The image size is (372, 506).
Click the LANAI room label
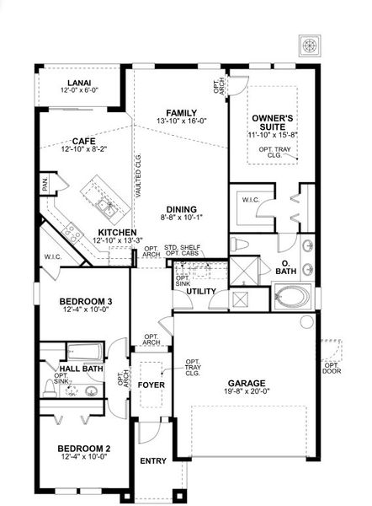tap(79, 82)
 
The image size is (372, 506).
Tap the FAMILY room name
tap(181, 113)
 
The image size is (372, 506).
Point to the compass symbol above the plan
tap(309, 45)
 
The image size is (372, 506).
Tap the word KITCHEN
tap(118, 231)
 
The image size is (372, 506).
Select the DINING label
tap(181, 209)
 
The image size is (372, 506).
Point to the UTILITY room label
tap(201, 292)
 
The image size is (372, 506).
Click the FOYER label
tap(151, 385)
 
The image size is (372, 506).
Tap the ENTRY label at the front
tap(153, 461)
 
